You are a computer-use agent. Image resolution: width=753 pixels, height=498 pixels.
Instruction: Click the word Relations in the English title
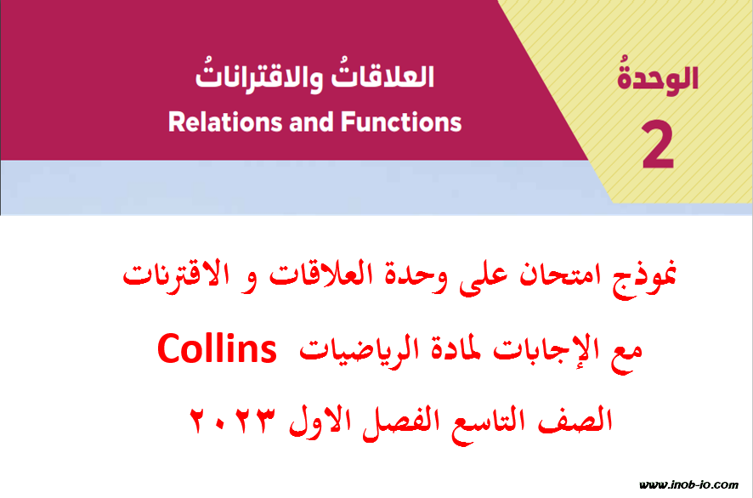(224, 122)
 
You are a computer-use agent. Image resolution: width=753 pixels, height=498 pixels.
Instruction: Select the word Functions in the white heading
(401, 122)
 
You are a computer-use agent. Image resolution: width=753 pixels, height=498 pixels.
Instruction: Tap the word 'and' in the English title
(311, 122)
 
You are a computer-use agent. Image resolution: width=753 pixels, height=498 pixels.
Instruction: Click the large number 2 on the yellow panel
(658, 145)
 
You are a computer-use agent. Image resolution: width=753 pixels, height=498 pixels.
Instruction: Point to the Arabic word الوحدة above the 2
(658, 76)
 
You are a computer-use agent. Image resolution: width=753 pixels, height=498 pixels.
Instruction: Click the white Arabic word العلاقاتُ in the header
(382, 76)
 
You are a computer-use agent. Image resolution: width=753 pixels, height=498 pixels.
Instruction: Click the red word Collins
(217, 349)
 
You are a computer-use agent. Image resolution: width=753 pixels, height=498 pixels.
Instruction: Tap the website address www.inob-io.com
(688, 484)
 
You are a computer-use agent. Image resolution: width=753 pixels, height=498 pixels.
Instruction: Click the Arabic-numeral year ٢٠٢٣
(234, 420)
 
